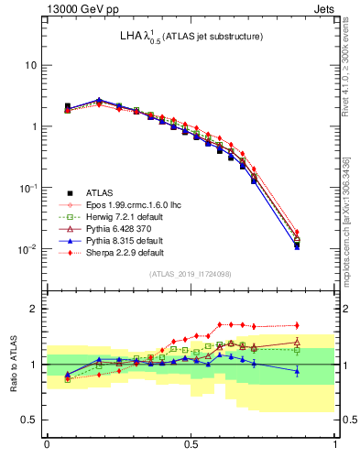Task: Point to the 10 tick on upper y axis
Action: (30, 66)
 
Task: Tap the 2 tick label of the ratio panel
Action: (34, 309)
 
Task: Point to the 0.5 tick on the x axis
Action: (191, 442)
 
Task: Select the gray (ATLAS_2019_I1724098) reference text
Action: (191, 273)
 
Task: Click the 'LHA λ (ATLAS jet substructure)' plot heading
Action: (191, 37)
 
